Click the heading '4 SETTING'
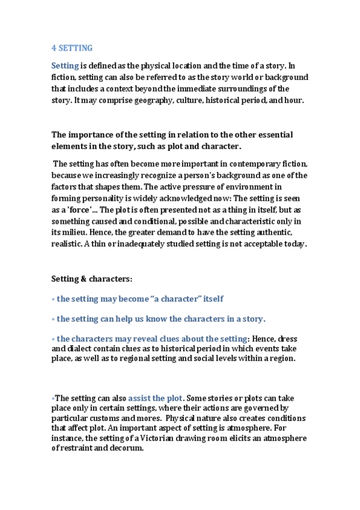[x=72, y=48]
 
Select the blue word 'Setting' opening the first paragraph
[x=65, y=66]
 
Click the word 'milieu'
[x=72, y=232]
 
